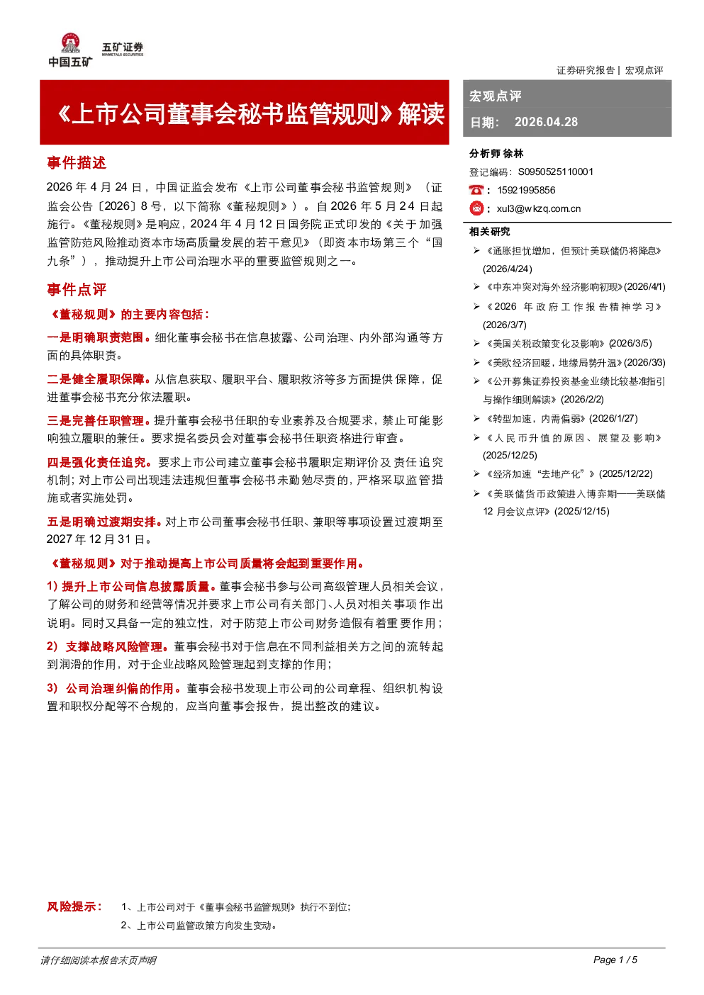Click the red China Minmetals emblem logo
(70, 43)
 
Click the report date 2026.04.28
(546, 122)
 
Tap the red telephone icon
(476, 190)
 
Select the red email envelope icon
(476, 208)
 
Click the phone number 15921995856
(526, 190)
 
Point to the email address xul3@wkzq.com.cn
(539, 209)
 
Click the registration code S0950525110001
(556, 172)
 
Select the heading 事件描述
(77, 163)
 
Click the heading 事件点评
(77, 290)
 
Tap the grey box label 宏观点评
(495, 96)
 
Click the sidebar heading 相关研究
(489, 232)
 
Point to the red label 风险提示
(74, 906)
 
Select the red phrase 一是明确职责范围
(95, 337)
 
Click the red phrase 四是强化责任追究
(96, 462)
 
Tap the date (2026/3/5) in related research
(630, 344)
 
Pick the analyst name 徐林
(513, 154)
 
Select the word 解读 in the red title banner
(421, 113)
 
